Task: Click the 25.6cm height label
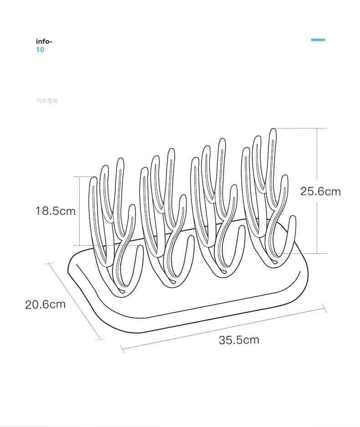(x=320, y=191)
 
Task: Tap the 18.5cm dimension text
(x=56, y=211)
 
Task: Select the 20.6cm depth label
(x=45, y=304)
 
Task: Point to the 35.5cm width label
(x=239, y=340)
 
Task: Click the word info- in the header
(x=44, y=41)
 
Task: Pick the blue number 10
(x=40, y=49)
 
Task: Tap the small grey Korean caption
(x=47, y=101)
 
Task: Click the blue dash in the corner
(x=318, y=40)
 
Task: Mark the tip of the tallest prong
(x=273, y=130)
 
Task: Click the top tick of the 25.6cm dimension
(x=317, y=128)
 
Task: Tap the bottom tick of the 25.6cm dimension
(x=317, y=253)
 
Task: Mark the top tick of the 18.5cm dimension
(x=80, y=176)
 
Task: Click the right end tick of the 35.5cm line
(x=325, y=309)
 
